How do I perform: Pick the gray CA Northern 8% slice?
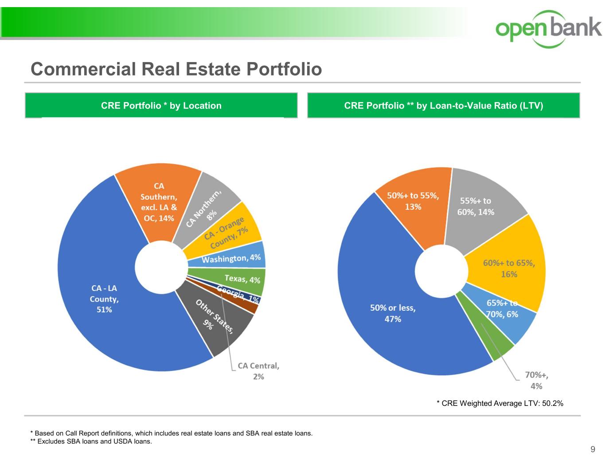tap(208, 204)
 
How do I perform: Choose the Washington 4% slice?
tap(230, 258)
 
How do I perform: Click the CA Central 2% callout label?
tap(258, 371)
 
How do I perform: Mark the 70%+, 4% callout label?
tap(536, 381)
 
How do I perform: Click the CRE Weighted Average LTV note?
tap(500, 403)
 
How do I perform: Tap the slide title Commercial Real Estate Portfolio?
tap(176, 69)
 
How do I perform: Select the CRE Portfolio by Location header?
tap(161, 106)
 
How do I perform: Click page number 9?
tap(593, 450)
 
